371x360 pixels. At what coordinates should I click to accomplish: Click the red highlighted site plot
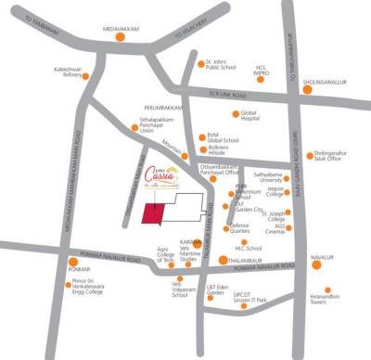(x=155, y=212)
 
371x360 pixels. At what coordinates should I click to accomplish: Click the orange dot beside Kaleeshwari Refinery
(x=87, y=76)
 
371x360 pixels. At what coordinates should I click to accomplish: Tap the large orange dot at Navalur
(x=315, y=264)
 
